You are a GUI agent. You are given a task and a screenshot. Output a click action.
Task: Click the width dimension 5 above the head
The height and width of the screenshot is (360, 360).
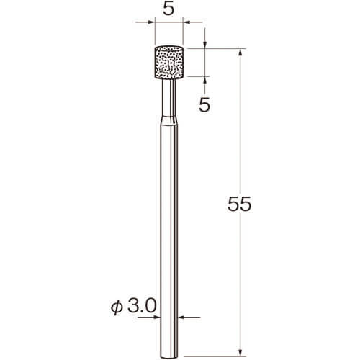point(168,9)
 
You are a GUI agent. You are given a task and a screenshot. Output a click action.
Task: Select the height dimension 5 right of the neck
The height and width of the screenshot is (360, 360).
point(204,105)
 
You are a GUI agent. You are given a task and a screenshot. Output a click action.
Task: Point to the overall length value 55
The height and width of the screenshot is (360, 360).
point(239,204)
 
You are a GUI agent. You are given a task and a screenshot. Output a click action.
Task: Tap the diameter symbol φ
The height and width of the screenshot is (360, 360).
point(117,307)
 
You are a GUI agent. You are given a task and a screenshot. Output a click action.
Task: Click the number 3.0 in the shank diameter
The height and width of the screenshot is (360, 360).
point(142,306)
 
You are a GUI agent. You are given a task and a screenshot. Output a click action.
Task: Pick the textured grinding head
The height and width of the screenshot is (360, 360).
point(169,62)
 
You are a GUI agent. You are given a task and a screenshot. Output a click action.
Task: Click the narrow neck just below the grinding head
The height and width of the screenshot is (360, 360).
point(169,97)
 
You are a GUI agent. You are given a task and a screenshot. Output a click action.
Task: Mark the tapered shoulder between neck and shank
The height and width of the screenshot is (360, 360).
point(169,121)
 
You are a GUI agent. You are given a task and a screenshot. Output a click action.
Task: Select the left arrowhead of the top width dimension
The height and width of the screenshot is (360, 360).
point(152,22)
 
